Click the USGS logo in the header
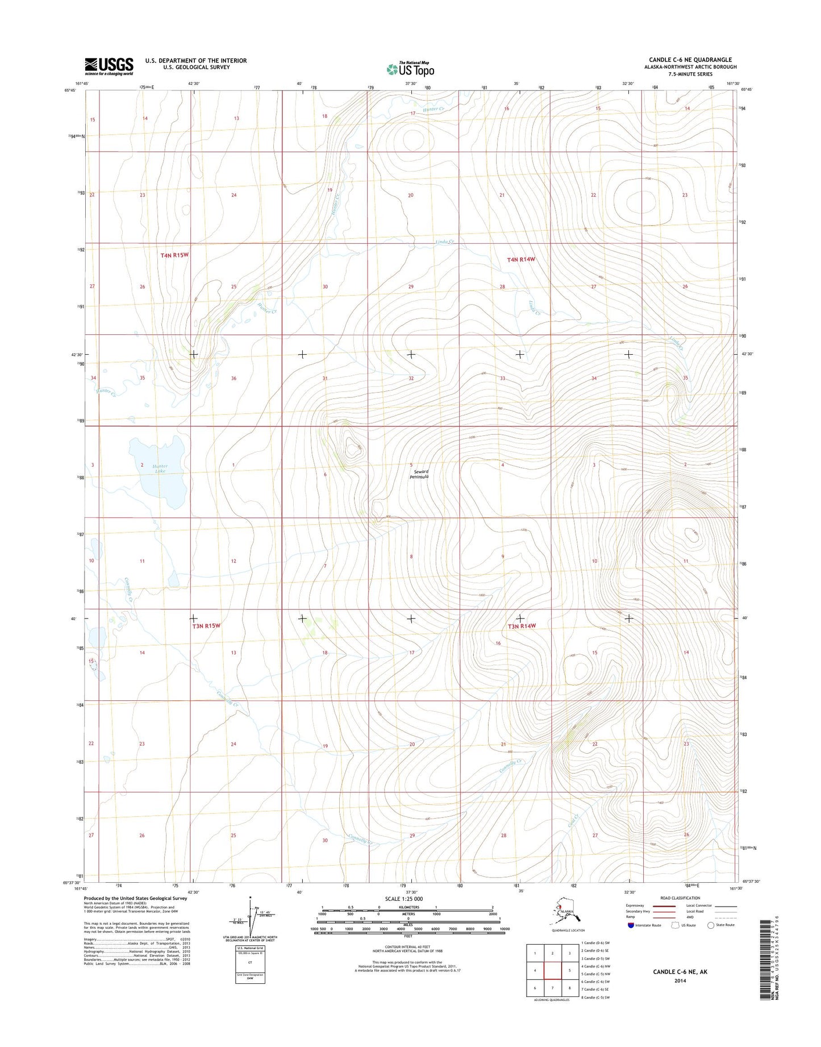109,66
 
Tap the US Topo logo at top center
410,69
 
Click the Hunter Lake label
160,470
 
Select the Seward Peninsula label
419,475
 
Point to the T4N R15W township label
174,256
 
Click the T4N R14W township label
521,259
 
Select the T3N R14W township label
522,626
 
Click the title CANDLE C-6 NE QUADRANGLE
690,60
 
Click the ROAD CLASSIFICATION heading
681,898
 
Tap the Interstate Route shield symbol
631,925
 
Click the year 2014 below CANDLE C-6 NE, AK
680,980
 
